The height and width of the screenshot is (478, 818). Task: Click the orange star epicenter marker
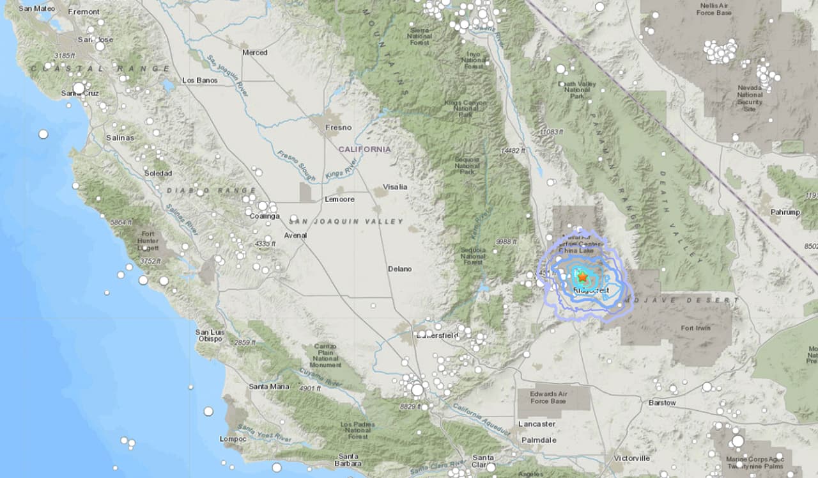click(x=583, y=277)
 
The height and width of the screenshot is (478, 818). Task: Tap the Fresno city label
click(x=338, y=127)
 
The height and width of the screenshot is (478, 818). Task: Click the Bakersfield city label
click(x=438, y=335)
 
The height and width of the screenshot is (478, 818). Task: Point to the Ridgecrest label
click(x=591, y=291)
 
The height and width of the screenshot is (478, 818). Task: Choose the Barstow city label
click(x=661, y=402)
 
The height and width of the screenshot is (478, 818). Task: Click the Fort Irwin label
click(x=695, y=328)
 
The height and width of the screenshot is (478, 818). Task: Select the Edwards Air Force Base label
click(x=548, y=397)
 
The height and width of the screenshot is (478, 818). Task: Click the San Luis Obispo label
click(x=209, y=335)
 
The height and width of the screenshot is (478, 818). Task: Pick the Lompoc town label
click(x=232, y=438)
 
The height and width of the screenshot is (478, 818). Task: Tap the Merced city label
click(x=254, y=52)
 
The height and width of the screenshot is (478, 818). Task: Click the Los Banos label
click(x=199, y=80)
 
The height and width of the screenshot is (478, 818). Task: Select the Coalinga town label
click(x=265, y=216)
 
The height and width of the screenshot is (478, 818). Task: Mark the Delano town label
click(x=399, y=269)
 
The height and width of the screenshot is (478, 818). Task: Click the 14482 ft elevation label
click(x=513, y=151)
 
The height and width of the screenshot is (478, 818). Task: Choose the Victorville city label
click(x=631, y=458)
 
